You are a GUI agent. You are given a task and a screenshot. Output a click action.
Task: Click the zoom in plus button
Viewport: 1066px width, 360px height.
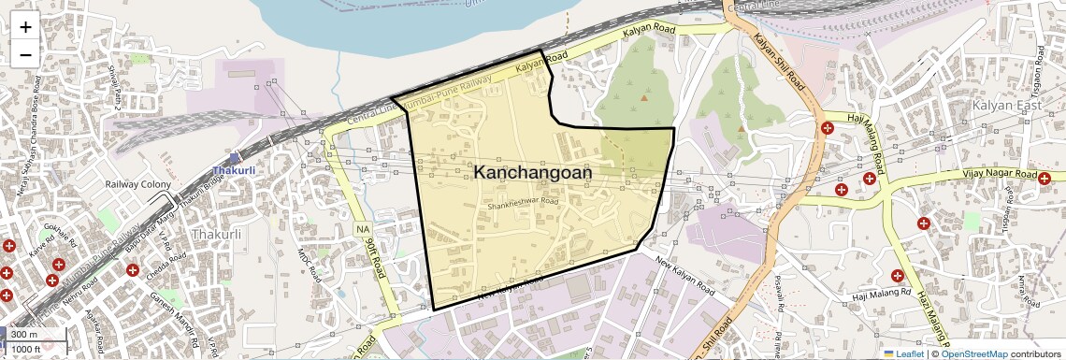[25, 27]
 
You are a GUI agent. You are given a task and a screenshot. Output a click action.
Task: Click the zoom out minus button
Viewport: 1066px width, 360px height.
[25, 54]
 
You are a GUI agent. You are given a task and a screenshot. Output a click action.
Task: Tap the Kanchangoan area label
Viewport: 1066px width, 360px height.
[532, 173]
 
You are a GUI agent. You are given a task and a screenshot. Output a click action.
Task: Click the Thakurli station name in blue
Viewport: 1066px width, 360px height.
[232, 171]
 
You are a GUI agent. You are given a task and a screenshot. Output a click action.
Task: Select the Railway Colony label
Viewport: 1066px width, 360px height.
[137, 184]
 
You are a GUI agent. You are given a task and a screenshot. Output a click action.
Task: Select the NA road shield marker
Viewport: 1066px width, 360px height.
[363, 229]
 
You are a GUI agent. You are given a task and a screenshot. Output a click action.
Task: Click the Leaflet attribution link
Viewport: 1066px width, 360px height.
[902, 353]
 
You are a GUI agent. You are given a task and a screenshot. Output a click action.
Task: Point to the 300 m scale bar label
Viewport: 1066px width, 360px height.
[24, 335]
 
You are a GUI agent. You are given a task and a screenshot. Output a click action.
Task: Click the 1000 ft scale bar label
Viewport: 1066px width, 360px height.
[26, 349]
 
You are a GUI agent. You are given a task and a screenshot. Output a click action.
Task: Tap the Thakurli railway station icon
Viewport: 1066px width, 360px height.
[233, 157]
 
